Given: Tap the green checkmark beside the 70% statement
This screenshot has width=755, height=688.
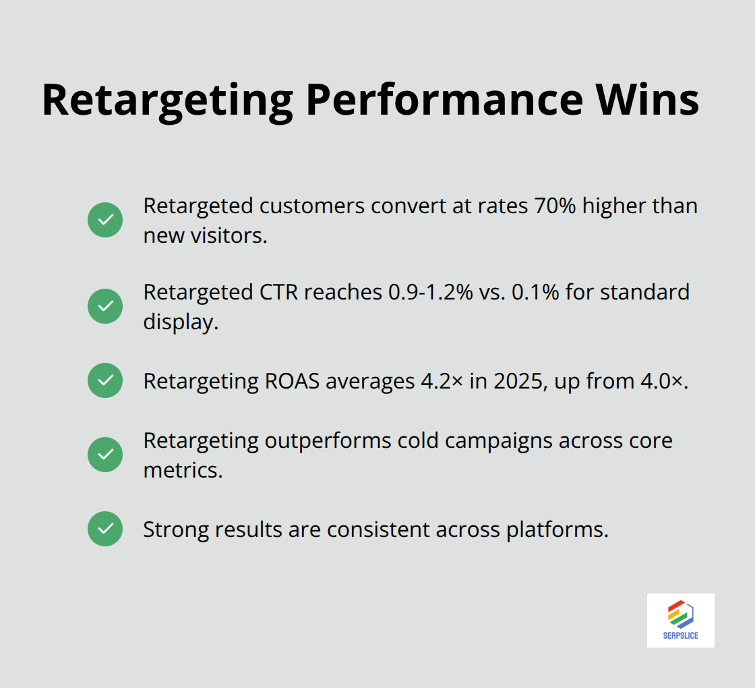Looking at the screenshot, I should (x=105, y=220).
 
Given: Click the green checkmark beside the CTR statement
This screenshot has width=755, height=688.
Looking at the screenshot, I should (x=105, y=306).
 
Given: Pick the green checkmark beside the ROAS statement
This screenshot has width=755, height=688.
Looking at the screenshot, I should (x=105, y=380).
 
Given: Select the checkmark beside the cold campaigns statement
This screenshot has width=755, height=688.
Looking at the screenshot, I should (x=105, y=455).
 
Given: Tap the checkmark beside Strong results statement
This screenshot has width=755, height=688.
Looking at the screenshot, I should (x=105, y=529).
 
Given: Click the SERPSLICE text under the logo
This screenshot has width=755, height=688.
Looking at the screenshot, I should (x=680, y=635).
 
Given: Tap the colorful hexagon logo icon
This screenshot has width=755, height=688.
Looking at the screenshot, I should (x=681, y=614).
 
